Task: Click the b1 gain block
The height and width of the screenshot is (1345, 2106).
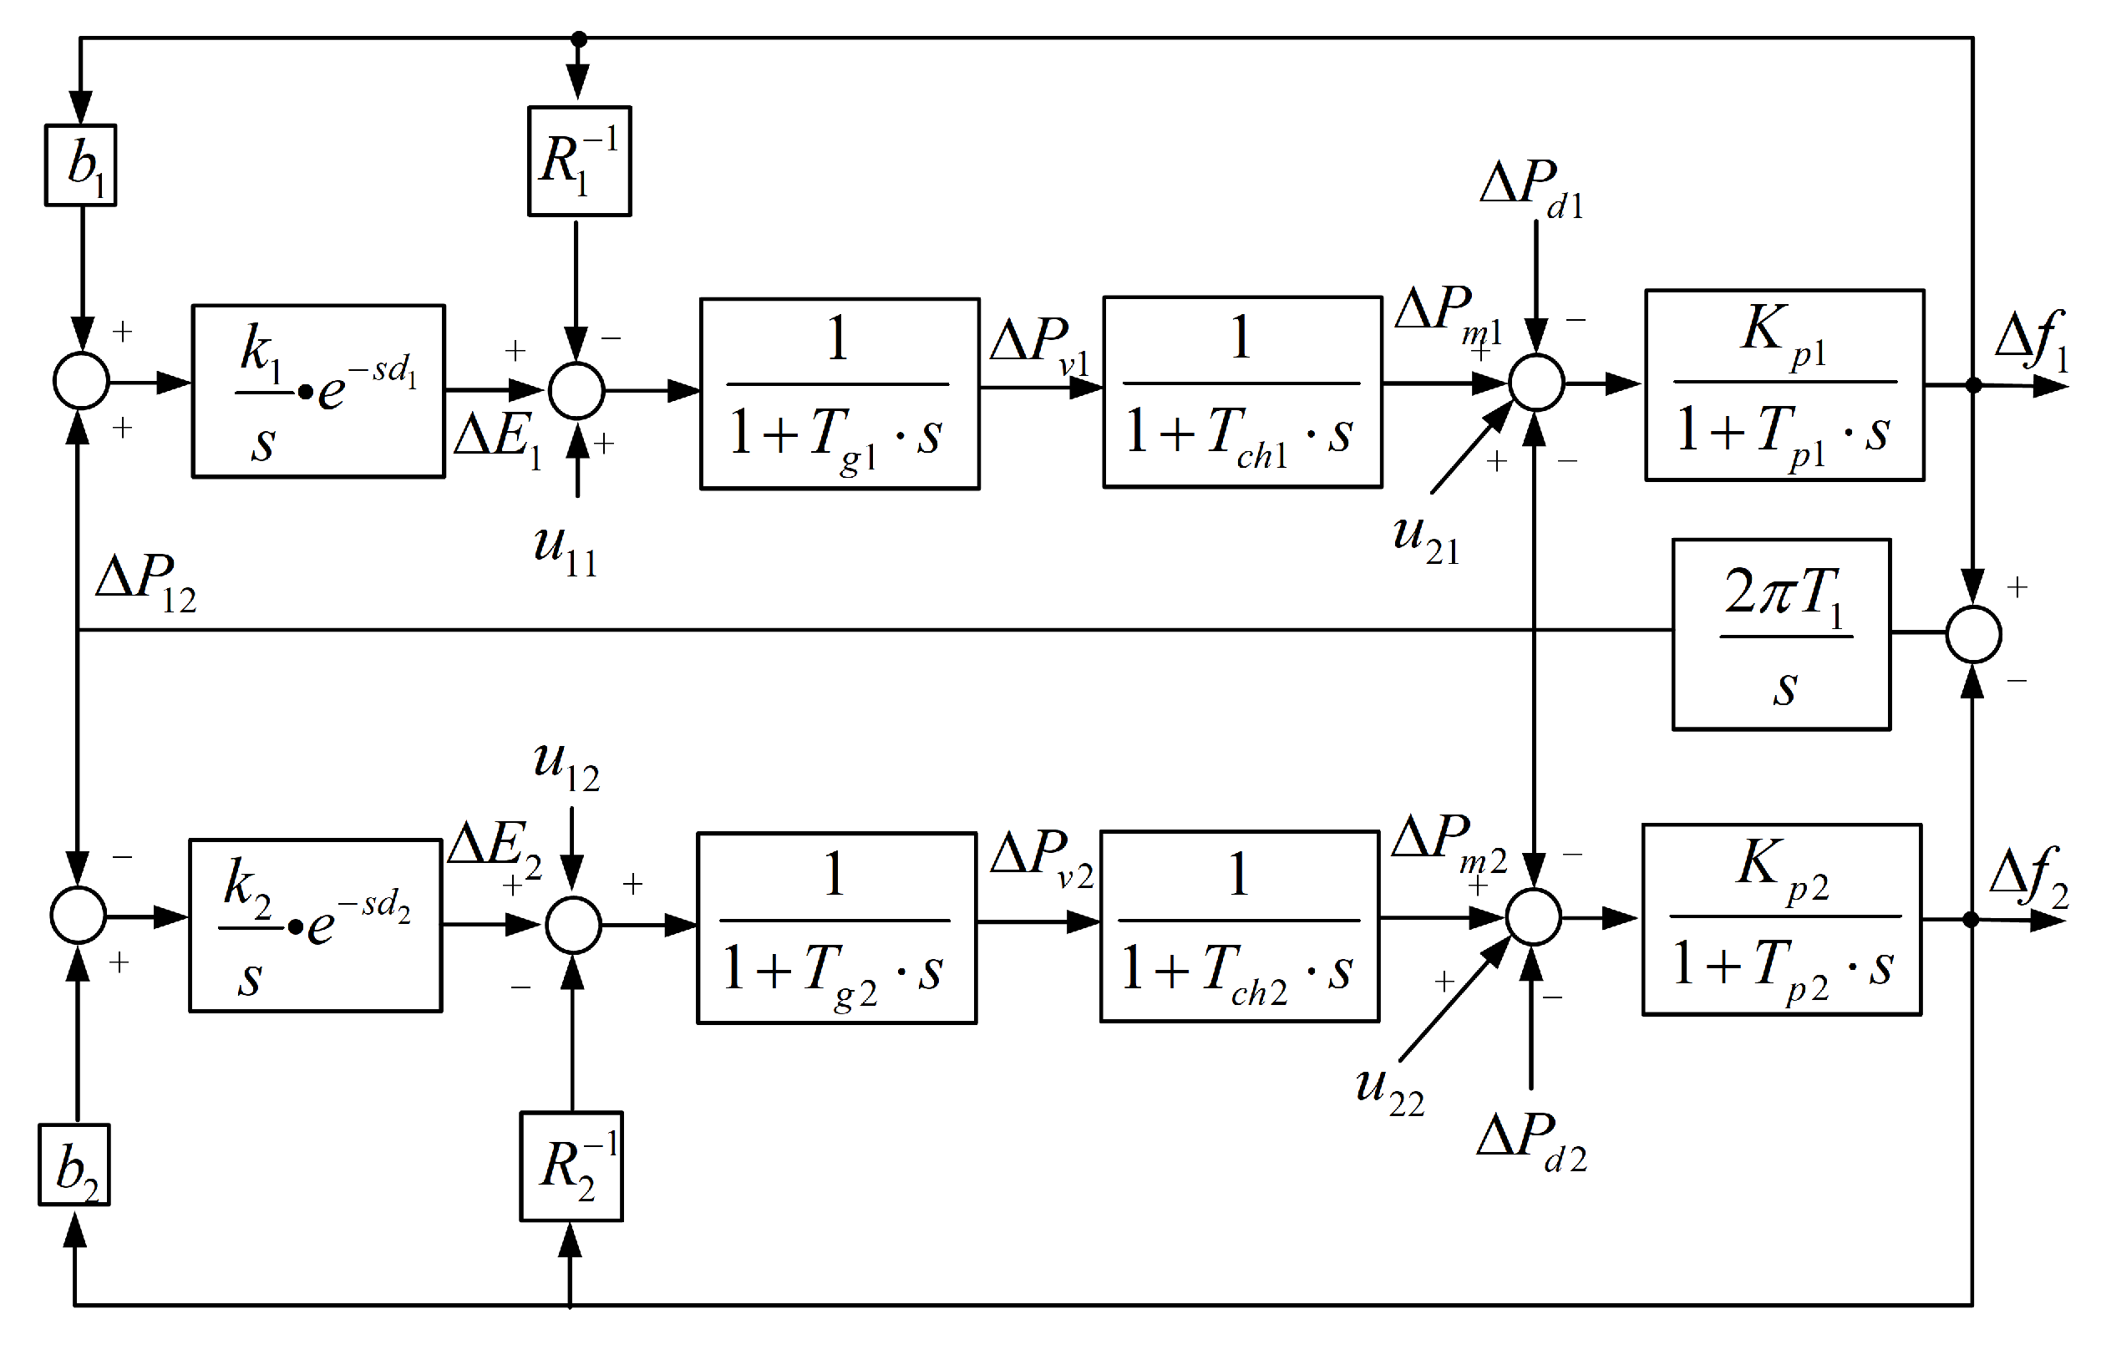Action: coord(80,165)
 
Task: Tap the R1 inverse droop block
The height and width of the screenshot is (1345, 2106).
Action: coord(579,161)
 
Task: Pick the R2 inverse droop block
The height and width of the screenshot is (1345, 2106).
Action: coord(571,1166)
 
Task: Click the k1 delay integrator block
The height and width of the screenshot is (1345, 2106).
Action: coord(318,391)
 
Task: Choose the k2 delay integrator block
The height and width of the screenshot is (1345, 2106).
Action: coord(316,926)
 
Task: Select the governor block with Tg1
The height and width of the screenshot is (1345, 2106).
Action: coord(840,393)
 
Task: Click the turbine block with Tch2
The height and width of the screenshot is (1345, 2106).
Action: coord(1239,927)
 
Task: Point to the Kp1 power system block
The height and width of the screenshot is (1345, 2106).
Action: coord(1784,385)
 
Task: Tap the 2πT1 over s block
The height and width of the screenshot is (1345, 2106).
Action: coord(1782,634)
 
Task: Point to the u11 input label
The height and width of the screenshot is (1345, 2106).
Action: coord(565,548)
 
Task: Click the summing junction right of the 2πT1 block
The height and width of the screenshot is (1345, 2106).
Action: coord(1974,634)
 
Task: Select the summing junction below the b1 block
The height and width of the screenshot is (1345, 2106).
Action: coord(81,381)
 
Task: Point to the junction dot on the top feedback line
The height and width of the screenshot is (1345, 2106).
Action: coord(578,38)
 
